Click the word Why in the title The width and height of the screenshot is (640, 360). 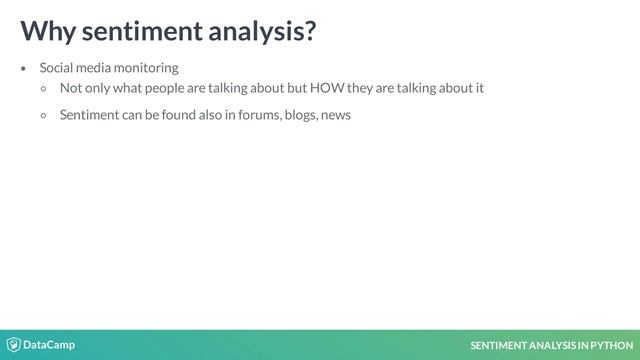(x=47, y=32)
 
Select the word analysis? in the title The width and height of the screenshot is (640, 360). (x=263, y=32)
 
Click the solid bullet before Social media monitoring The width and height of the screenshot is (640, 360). (x=24, y=69)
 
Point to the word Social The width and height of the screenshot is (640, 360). (x=57, y=68)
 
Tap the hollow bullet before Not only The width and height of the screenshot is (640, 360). (x=44, y=89)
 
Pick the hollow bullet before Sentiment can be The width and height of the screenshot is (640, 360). (x=44, y=115)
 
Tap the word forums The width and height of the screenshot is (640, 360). (x=260, y=115)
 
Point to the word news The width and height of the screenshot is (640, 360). (x=336, y=115)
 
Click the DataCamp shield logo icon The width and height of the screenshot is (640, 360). (x=14, y=345)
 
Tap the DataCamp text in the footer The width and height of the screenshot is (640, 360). (x=49, y=345)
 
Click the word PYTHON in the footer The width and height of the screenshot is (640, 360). (x=613, y=346)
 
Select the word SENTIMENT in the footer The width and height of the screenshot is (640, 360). (x=499, y=346)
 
